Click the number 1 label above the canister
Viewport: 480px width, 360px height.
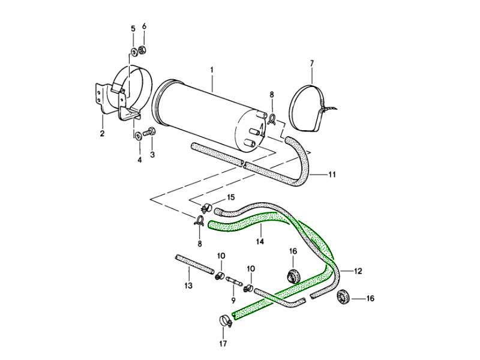pyautogui.click(x=212, y=70)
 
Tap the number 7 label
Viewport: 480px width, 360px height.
pyautogui.click(x=311, y=63)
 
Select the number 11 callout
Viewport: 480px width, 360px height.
pyautogui.click(x=331, y=175)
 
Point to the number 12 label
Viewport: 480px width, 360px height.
pyautogui.click(x=358, y=271)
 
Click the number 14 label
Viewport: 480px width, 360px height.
pyautogui.click(x=260, y=242)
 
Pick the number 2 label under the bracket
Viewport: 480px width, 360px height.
pyautogui.click(x=102, y=134)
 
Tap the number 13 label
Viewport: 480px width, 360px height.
pyautogui.click(x=188, y=286)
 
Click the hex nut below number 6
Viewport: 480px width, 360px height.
pyautogui.click(x=143, y=49)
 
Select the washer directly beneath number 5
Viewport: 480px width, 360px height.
pyautogui.click(x=133, y=50)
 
